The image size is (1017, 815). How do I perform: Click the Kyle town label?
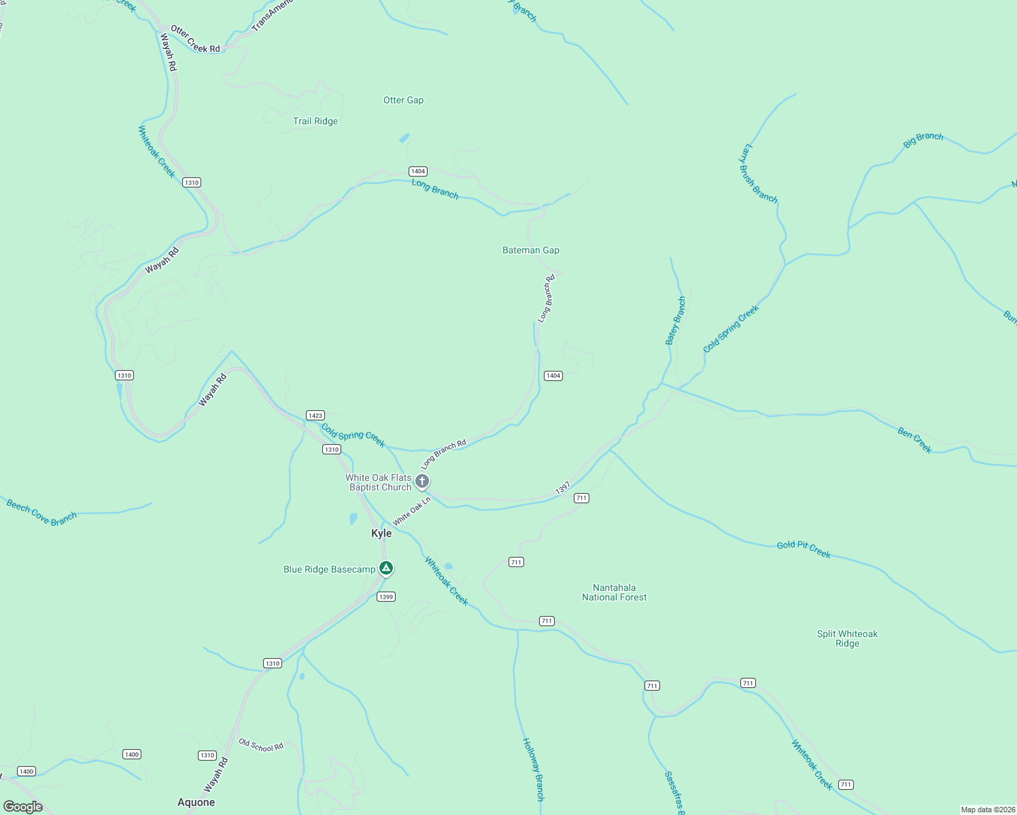[x=381, y=533]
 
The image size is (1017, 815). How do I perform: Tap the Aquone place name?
[x=196, y=802]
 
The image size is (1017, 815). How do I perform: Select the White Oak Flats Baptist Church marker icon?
[x=422, y=482]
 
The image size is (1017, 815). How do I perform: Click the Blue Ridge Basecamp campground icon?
[x=386, y=568]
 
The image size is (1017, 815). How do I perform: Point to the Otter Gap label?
[x=403, y=100]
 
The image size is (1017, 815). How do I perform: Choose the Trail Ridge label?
[x=315, y=121]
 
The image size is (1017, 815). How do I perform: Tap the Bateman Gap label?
[x=531, y=250]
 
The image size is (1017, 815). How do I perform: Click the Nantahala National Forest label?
[x=615, y=592]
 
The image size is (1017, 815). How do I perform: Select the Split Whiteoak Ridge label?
[x=847, y=638]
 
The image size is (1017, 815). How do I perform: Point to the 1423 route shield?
[x=315, y=415]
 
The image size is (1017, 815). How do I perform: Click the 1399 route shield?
[x=385, y=596]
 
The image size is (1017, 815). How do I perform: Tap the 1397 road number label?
[x=563, y=488]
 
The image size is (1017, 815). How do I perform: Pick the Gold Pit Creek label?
[x=804, y=549]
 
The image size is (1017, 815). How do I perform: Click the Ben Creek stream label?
[x=914, y=440]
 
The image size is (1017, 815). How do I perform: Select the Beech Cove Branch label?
[x=41, y=512]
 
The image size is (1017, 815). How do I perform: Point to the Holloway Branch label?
[x=533, y=769]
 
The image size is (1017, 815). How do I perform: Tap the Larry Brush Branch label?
[x=758, y=173]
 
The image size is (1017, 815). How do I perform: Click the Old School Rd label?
[x=261, y=745]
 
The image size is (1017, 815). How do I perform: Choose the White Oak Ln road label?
[x=412, y=511]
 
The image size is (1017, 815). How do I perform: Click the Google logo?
[x=23, y=806]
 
